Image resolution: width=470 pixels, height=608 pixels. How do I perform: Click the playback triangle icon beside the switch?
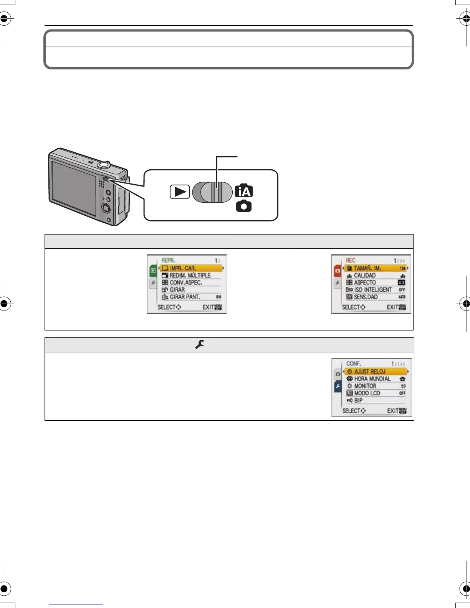pyautogui.click(x=180, y=192)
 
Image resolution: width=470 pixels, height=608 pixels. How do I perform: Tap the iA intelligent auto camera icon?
pyautogui.click(x=244, y=191)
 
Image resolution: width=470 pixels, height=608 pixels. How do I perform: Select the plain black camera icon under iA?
pyautogui.click(x=244, y=206)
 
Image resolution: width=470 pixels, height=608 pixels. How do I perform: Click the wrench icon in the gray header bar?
pyautogui.click(x=199, y=345)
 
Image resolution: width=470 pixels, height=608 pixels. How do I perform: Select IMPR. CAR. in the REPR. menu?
pyautogui.click(x=183, y=268)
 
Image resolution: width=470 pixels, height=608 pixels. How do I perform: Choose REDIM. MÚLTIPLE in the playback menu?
pyautogui.click(x=190, y=275)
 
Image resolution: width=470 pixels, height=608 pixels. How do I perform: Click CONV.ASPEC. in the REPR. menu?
pyautogui.click(x=186, y=283)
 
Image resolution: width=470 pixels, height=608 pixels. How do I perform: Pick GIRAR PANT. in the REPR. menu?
pyautogui.click(x=185, y=297)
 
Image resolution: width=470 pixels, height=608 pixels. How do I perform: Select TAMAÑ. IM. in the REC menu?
pyautogui.click(x=367, y=268)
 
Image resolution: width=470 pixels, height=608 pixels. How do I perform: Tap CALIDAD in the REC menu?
pyautogui.click(x=365, y=275)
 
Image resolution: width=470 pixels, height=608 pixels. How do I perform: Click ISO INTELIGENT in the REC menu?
pyautogui.click(x=372, y=290)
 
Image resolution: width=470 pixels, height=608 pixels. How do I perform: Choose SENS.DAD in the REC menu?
pyautogui.click(x=366, y=297)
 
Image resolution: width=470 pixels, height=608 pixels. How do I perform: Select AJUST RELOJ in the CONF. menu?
pyautogui.click(x=370, y=372)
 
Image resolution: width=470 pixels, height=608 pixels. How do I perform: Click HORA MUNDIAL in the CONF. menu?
pyautogui.click(x=372, y=379)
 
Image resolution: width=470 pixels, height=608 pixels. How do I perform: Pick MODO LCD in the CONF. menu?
pyautogui.click(x=367, y=393)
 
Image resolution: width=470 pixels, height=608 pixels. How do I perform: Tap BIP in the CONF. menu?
pyautogui.click(x=358, y=400)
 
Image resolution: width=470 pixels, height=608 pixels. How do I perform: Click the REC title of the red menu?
pyautogui.click(x=351, y=260)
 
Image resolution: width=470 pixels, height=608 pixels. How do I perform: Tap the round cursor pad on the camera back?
pyautogui.click(x=106, y=208)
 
